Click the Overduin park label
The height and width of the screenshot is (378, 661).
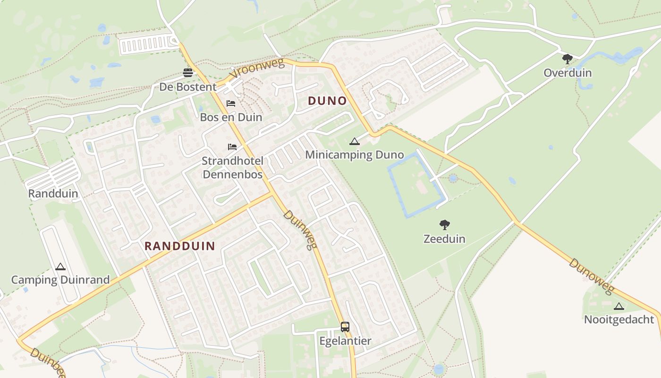567,73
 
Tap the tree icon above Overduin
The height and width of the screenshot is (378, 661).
567,59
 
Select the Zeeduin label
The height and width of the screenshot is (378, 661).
444,239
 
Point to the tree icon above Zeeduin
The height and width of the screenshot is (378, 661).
444,225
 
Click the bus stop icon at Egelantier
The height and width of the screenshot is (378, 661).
345,326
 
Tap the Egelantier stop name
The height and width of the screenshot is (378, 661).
345,341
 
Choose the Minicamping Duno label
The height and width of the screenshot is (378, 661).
354,155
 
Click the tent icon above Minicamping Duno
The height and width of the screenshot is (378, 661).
354,141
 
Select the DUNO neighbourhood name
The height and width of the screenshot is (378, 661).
327,101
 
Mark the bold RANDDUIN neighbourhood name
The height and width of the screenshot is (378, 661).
179,246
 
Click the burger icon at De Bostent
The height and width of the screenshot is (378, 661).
188,73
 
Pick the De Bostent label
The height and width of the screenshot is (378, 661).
188,87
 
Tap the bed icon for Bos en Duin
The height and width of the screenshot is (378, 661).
231,103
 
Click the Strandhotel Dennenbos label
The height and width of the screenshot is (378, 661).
232,167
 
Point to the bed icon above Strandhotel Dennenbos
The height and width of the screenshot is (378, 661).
232,146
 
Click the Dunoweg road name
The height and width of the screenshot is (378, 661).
591,276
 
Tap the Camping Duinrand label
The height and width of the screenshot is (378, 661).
60,280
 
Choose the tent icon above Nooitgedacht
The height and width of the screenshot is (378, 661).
619,306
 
